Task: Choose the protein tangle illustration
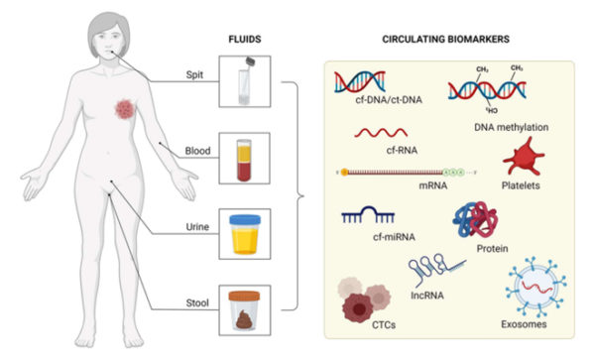(475, 225)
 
